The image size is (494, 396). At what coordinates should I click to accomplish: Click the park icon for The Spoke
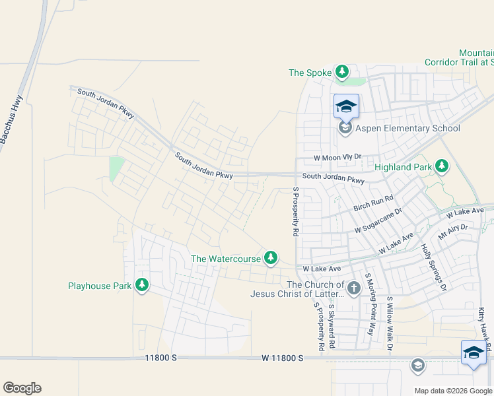tap(341, 71)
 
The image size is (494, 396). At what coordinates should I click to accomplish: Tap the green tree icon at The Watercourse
tap(270, 257)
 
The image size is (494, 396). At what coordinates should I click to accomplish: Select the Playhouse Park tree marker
tap(141, 285)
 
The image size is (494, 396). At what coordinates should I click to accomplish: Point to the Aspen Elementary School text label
tap(407, 128)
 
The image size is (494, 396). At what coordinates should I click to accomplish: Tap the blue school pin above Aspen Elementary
tap(346, 107)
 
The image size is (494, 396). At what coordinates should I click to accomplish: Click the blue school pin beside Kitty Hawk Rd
tap(474, 352)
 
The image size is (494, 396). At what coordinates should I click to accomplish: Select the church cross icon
tap(353, 287)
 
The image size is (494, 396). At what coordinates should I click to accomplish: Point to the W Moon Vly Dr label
tap(338, 157)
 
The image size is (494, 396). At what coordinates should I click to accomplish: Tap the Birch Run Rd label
tap(373, 203)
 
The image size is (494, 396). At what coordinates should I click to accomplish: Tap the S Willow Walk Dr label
tap(390, 323)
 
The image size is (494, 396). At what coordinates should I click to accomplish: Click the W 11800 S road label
tap(282, 358)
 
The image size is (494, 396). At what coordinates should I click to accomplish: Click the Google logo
tap(22, 388)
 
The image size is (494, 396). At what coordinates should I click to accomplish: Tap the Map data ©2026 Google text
tap(452, 390)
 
